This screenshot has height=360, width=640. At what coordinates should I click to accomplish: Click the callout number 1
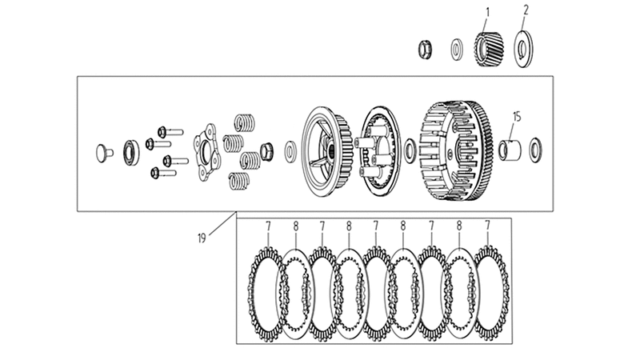[x=487, y=13]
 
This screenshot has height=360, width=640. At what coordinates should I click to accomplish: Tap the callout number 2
[x=526, y=10]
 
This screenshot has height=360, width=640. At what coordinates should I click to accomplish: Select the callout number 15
[x=517, y=117]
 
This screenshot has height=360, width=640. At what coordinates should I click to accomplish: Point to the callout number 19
[x=202, y=238]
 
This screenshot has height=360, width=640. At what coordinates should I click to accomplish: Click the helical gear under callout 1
[x=489, y=49]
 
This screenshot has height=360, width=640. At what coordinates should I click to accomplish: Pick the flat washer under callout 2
[x=523, y=49]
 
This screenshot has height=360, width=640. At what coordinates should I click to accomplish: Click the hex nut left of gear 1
[x=425, y=50]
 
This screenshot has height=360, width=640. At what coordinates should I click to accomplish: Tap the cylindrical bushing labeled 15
[x=510, y=150]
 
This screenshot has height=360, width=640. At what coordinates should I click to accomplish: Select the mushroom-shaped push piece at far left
[x=104, y=153]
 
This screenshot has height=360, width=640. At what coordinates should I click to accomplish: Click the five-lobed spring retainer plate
[x=207, y=152]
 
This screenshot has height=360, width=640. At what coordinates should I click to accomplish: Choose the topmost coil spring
[x=245, y=122]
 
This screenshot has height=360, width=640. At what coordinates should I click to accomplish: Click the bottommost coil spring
[x=239, y=181]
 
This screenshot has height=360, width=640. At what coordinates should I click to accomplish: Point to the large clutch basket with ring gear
[x=456, y=150]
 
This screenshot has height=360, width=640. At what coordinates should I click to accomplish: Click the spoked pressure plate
[x=327, y=151]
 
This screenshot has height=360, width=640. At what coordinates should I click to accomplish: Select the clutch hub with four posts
[x=378, y=150]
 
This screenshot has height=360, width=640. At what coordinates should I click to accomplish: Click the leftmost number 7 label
[x=268, y=226]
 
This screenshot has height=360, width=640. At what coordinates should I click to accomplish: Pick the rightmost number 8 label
[x=459, y=226]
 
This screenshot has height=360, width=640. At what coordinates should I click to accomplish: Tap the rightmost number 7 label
[x=487, y=226]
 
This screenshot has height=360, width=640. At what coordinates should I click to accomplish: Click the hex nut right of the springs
[x=266, y=151]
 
